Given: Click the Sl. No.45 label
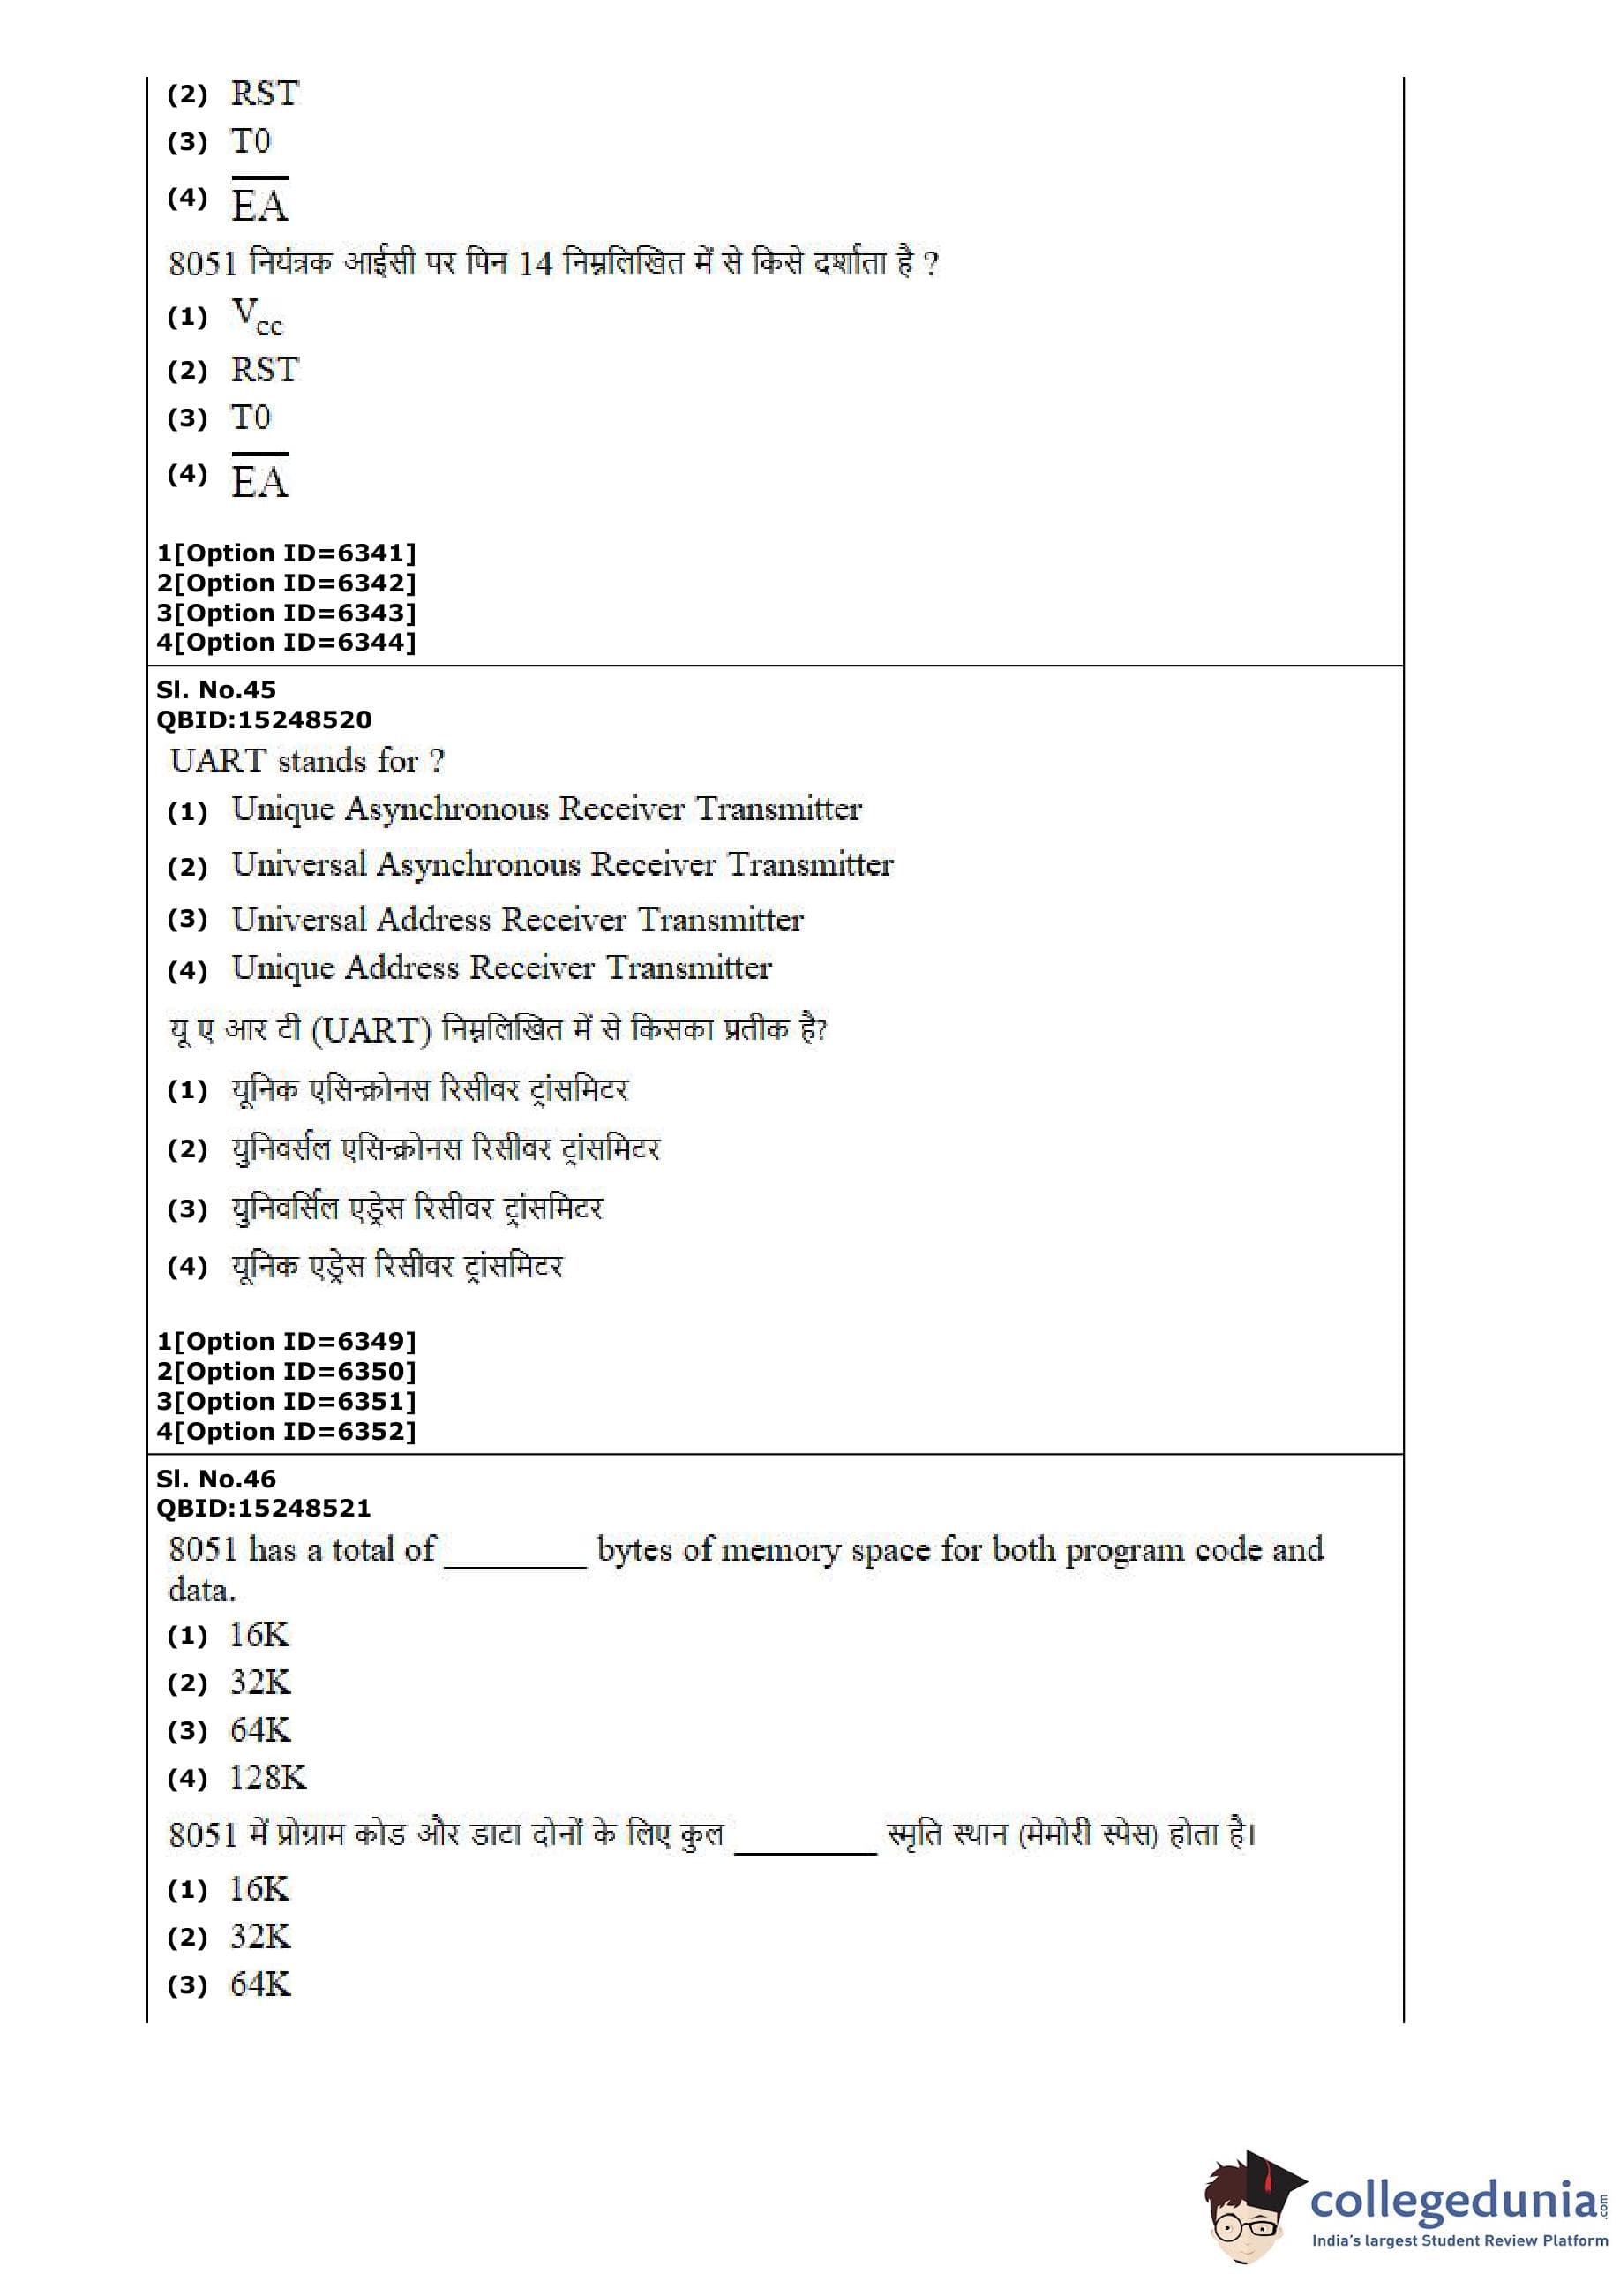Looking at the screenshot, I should [215, 689].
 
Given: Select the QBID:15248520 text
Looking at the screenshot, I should [263, 719].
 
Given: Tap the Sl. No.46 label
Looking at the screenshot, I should [215, 1478].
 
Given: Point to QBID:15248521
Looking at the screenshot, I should [263, 1508].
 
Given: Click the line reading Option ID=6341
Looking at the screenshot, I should [286, 553].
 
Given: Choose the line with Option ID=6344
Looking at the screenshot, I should [286, 642].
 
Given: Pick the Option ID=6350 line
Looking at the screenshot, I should [286, 1371].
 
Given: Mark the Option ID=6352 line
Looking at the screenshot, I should [286, 1431].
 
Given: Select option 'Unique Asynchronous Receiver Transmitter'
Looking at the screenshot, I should [547, 809].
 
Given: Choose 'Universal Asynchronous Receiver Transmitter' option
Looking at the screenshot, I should [563, 864].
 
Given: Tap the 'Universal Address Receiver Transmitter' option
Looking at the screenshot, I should [518, 919].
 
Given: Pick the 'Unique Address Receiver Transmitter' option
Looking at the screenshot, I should [502, 968].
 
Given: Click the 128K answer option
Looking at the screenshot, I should [268, 1777].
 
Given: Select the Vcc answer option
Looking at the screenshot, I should [257, 316].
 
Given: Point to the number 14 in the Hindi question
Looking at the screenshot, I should [536, 263].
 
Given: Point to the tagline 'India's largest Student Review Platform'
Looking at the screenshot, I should [1459, 2241].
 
